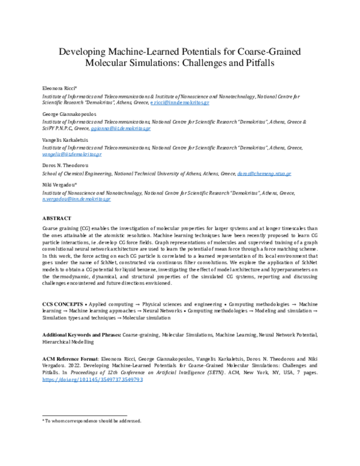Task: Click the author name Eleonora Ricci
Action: (60, 88)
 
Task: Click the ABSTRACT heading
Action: (56, 217)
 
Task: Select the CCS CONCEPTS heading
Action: (62, 297)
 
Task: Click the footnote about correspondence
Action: (91, 422)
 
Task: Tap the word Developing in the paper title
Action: (82, 50)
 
